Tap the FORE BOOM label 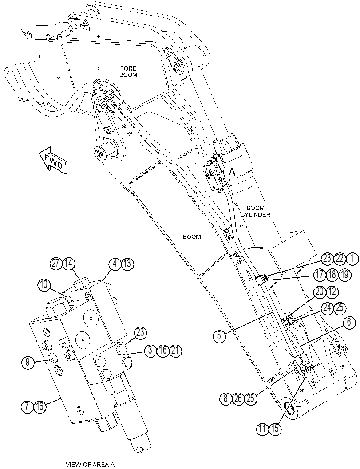pos(128,71)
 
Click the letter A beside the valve pos(232,172)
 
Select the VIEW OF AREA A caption pos(90,465)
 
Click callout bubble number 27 pos(55,264)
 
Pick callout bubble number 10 pos(44,285)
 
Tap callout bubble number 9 pos(28,363)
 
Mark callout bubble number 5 pos(219,336)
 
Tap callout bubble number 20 pos(320,292)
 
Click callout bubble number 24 pos(328,308)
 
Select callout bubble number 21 pos(175,350)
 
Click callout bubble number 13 pos(128,264)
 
